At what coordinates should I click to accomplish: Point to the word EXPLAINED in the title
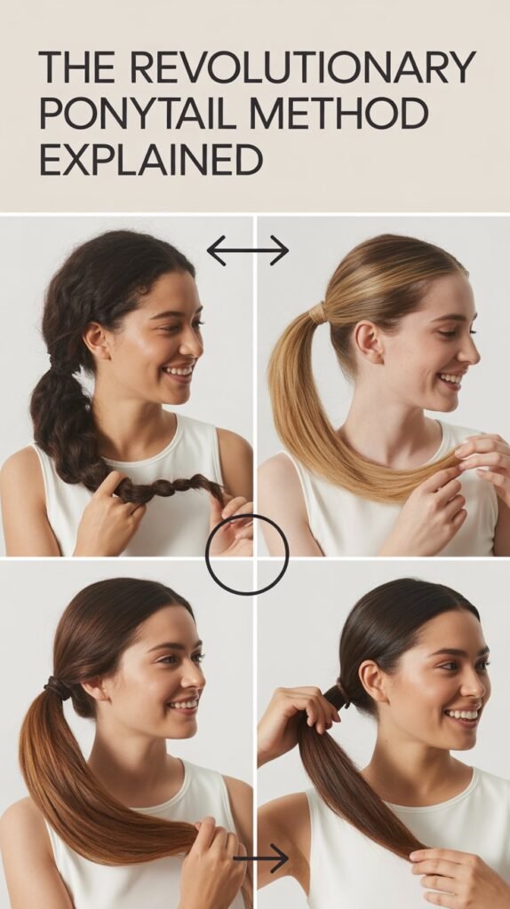pos(151,160)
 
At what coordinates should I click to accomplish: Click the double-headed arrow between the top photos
pos(247,250)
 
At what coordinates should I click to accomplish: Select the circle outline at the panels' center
pos(247,555)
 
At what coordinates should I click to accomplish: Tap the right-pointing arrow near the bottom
pos(262,858)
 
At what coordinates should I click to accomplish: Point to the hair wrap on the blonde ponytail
pos(318,312)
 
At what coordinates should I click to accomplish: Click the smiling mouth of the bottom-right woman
pos(461,713)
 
